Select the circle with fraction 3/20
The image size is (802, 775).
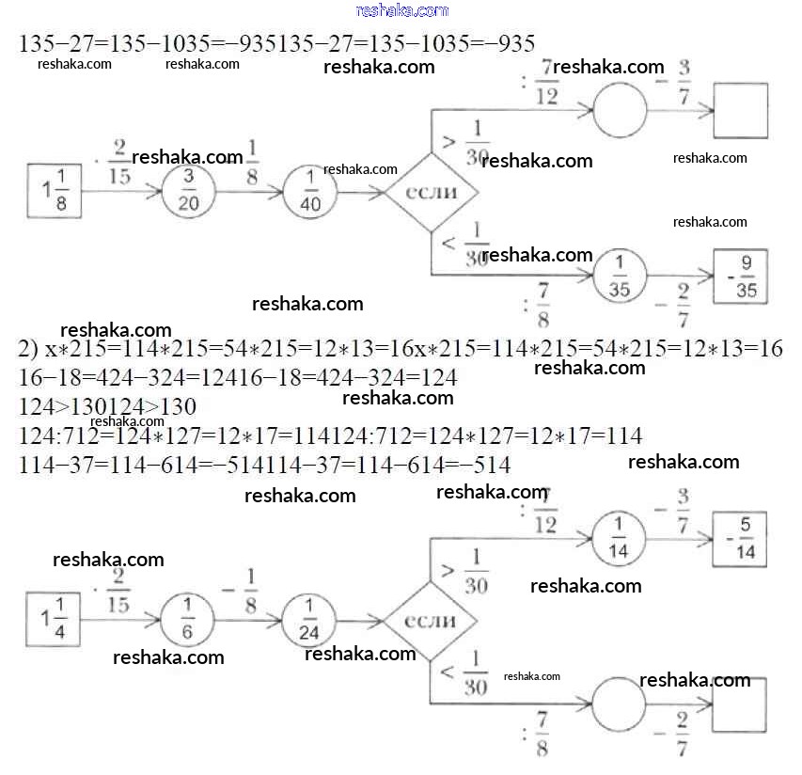pyautogui.click(x=188, y=192)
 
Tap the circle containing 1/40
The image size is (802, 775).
pyautogui.click(x=309, y=192)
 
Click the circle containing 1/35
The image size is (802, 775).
pyautogui.click(x=620, y=277)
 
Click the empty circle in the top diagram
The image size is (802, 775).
pyautogui.click(x=620, y=110)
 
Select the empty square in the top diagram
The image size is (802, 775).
pyautogui.click(x=740, y=110)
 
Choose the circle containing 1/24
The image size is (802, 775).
pyautogui.click(x=309, y=620)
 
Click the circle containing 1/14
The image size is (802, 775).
pyautogui.click(x=620, y=539)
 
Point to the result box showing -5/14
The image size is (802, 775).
pyautogui.click(x=740, y=539)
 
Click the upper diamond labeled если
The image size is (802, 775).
pyautogui.click(x=431, y=192)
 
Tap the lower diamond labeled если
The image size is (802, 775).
pyautogui.click(x=431, y=621)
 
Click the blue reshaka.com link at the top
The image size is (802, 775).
pyautogui.click(x=402, y=10)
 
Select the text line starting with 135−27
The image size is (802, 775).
pyautogui.click(x=276, y=43)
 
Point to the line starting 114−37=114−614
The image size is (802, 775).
pyautogui.click(x=264, y=465)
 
